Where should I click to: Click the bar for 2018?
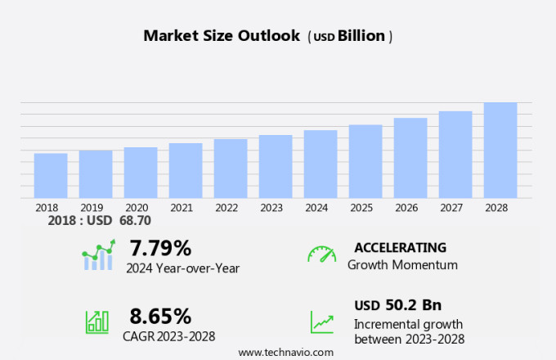pos(51,175)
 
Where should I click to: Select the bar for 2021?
pos(186,170)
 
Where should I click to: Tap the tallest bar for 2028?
pos(500,150)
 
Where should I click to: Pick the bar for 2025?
pos(365,161)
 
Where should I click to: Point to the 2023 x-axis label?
pos(271,208)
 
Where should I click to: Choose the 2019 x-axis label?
pos(92,208)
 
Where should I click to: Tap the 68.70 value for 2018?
pos(134,221)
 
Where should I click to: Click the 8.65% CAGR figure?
pos(160,316)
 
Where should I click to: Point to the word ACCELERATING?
pos(400,247)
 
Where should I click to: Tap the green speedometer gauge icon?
pos(321,254)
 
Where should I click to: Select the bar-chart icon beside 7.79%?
pos(98,255)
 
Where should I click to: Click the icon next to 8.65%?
pos(97,322)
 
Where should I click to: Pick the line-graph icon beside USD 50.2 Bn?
pos(321,322)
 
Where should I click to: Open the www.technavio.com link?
pos(286,352)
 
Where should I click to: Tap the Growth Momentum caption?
pos(402,265)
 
